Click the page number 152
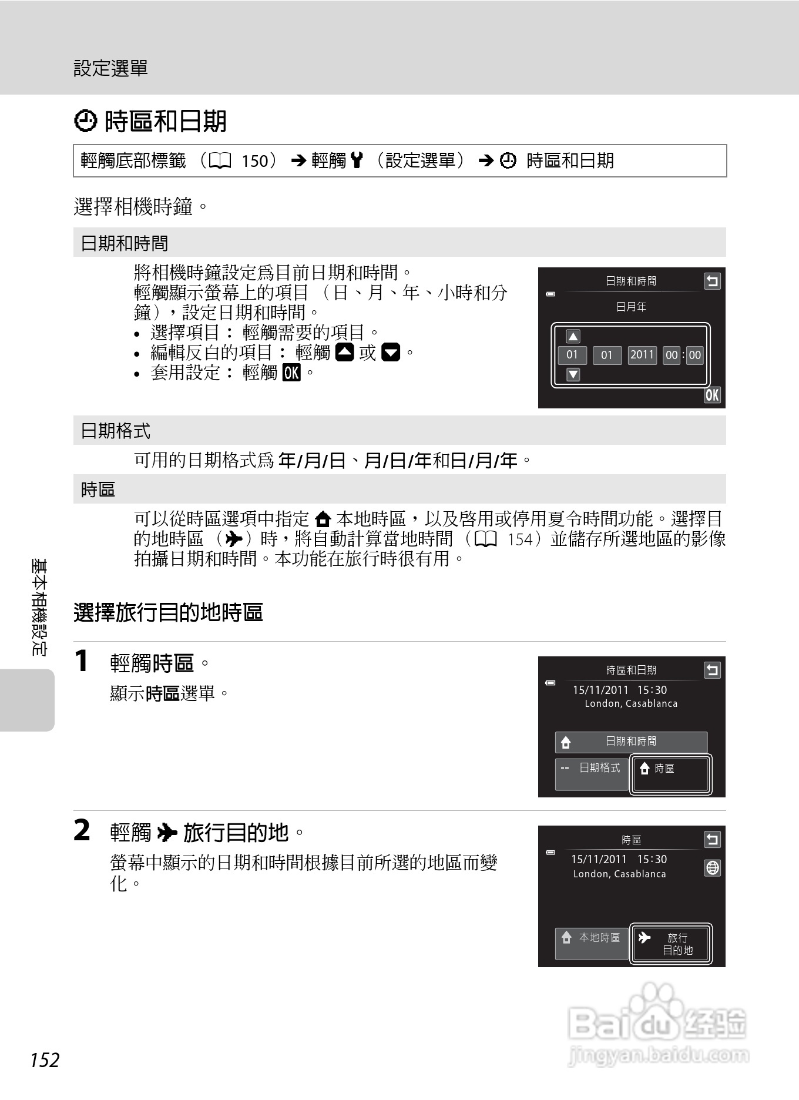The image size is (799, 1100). tap(45, 1060)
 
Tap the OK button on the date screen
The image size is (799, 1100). tap(712, 395)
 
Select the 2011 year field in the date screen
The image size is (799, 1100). tap(642, 355)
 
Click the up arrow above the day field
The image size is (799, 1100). tap(573, 336)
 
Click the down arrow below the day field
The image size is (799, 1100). tap(573, 374)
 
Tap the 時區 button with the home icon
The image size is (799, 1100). tap(671, 774)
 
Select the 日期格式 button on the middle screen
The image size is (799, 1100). tap(592, 773)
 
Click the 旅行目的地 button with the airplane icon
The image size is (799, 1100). tap(671, 944)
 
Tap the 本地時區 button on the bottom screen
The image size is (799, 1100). tap(592, 943)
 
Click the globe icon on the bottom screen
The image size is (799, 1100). tap(712, 868)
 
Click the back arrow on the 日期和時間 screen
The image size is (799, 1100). tap(712, 281)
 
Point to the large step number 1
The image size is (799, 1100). tap(82, 661)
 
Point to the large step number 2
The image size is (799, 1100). tap(82, 831)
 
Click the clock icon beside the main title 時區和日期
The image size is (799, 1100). tap(85, 122)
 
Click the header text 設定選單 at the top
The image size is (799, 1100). tap(110, 68)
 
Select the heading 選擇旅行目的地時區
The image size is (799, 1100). tap(168, 612)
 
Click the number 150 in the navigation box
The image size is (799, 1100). tap(254, 161)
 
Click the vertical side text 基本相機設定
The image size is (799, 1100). tap(39, 607)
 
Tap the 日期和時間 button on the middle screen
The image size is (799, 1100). tap(631, 742)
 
